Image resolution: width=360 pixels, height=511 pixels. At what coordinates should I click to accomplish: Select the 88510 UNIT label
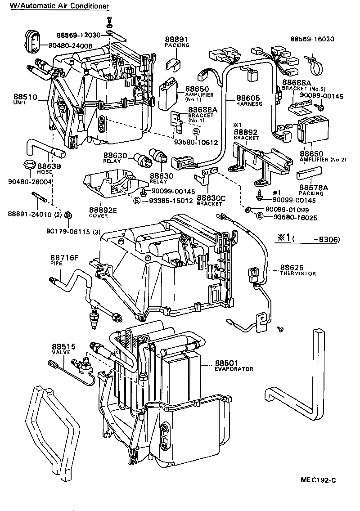coord(22,99)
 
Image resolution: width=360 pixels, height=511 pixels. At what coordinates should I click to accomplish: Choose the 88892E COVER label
coord(103,212)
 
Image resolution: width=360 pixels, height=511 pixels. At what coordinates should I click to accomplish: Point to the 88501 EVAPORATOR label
coord(234,366)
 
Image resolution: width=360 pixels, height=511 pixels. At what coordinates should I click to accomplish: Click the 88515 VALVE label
coord(63,349)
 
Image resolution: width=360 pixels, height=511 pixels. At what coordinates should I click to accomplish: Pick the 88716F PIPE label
coord(64,260)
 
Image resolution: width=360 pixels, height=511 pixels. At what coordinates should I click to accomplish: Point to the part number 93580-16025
coord(292,217)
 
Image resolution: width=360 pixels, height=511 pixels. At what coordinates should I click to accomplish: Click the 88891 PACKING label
coord(177,42)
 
